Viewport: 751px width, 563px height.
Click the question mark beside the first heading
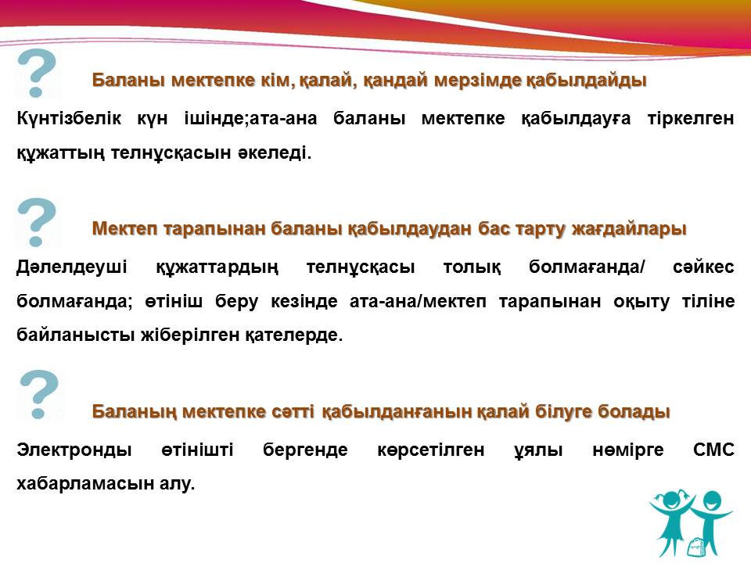pos(37,74)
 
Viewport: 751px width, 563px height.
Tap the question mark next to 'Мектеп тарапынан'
pos(37,222)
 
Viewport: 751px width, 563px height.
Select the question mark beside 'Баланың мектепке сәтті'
pos(39,394)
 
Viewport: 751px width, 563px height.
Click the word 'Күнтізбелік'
pos(69,118)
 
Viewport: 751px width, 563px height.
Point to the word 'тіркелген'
pos(691,119)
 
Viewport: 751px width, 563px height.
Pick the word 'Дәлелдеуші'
pos(72,267)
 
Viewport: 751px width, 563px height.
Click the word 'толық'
pos(473,267)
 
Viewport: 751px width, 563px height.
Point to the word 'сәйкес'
pos(703,267)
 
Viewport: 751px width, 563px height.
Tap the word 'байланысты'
pos(76,335)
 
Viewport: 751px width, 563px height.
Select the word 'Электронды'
pos(74,450)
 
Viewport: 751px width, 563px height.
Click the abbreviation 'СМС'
pos(713,450)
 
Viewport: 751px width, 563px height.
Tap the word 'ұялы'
pos(538,450)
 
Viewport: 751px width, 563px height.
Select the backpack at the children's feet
pos(695,546)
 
